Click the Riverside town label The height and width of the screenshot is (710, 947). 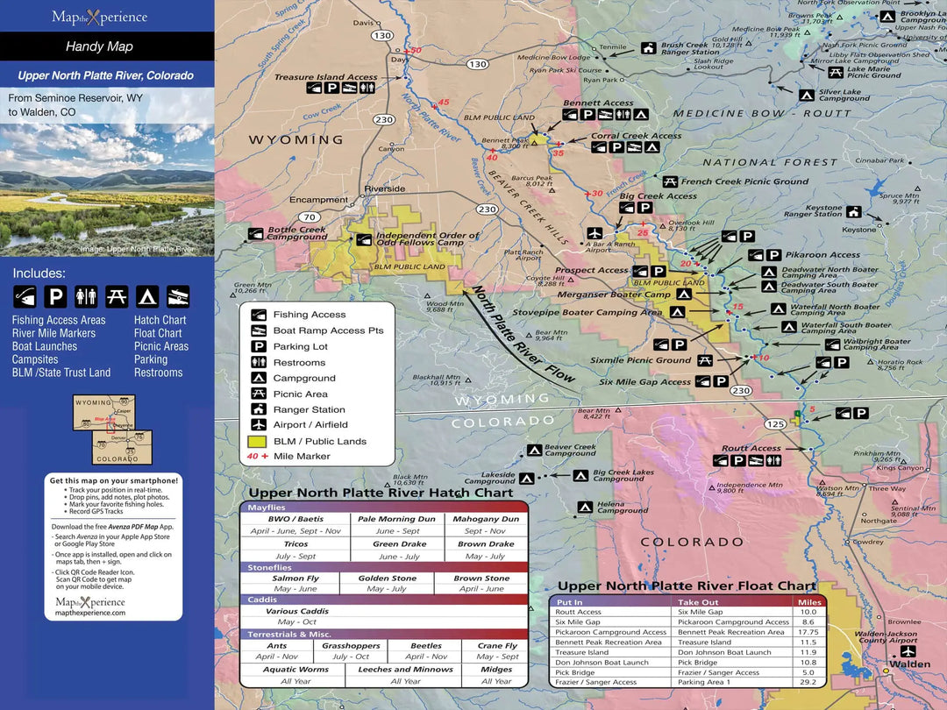pos(385,188)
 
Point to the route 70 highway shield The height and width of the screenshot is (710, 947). pos(308,217)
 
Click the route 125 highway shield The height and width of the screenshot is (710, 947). pos(775,423)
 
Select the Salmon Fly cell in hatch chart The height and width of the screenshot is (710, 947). pos(295,579)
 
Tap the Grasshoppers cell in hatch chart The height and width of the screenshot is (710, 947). pos(351,646)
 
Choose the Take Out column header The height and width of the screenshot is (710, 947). pos(698,602)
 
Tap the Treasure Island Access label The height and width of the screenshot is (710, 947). pos(325,77)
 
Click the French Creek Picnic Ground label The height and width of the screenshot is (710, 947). pos(744,181)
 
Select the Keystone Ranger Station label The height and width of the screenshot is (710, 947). pos(812,211)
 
